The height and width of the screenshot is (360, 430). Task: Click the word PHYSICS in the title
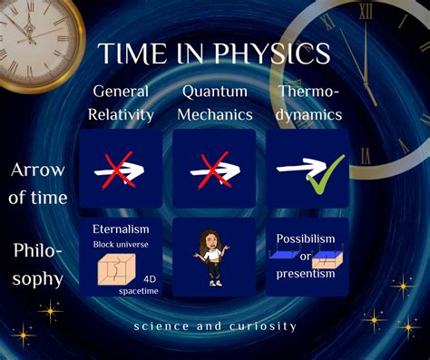(x=273, y=54)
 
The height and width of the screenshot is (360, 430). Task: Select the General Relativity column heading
(x=122, y=102)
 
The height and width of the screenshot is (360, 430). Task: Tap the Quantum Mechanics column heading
(x=214, y=102)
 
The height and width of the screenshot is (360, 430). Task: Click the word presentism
(x=306, y=273)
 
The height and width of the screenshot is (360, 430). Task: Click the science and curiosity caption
(x=214, y=326)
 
